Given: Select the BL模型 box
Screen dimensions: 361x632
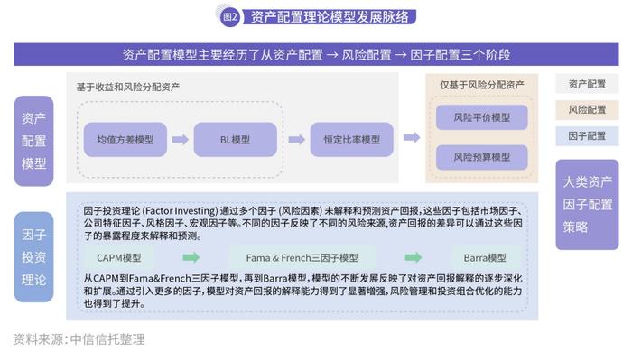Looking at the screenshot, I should (x=235, y=140).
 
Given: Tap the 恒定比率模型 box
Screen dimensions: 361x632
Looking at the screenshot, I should (x=346, y=140).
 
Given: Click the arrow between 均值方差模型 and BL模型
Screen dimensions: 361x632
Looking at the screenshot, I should (x=180, y=140).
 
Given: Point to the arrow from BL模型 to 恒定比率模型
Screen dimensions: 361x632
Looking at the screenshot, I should (x=290, y=140).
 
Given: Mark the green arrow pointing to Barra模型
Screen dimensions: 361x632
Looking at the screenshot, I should (x=412, y=257).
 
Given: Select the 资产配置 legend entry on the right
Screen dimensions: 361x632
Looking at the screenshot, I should (x=587, y=84).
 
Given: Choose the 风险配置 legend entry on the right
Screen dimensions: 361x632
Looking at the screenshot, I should (x=587, y=110).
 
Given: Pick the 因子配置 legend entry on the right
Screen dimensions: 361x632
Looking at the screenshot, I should (x=587, y=136).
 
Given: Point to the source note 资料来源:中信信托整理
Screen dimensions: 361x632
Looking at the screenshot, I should (x=79, y=340).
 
